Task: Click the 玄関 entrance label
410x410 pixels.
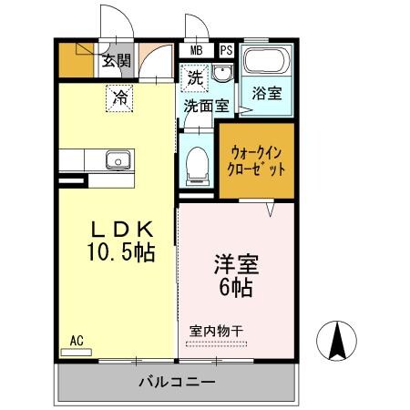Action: click(x=116, y=61)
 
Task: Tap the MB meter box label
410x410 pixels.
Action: click(x=196, y=50)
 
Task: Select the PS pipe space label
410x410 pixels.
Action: click(x=226, y=50)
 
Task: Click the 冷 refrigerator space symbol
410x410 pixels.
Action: click(x=119, y=97)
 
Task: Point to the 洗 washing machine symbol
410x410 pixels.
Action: click(x=194, y=78)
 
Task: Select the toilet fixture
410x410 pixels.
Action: click(x=195, y=167)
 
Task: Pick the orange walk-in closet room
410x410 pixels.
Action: click(x=256, y=161)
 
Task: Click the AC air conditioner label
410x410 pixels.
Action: click(x=77, y=342)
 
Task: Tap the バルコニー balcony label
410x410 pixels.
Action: click(x=177, y=380)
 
